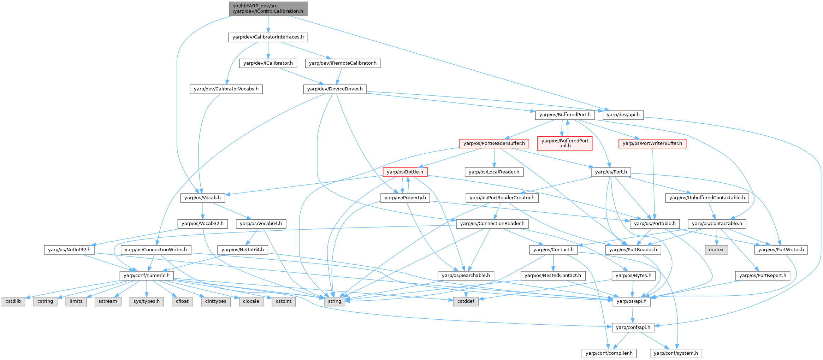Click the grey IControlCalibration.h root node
[268, 8]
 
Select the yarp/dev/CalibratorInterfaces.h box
[268, 37]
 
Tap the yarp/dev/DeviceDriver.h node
[335, 89]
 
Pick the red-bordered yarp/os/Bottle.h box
[405, 172]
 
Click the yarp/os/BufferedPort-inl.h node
[565, 143]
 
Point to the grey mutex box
[716, 249]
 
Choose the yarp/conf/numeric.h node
[147, 275]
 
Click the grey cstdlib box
[13, 301]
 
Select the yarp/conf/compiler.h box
[609, 353]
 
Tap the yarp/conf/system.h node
[676, 353]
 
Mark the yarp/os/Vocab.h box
[202, 198]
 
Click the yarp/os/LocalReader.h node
[494, 172]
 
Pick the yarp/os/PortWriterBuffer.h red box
[652, 143]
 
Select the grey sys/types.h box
[147, 301]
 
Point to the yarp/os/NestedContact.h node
[553, 275]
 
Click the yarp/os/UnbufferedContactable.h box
[707, 198]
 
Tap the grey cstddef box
[466, 301]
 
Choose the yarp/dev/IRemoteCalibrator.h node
[343, 63]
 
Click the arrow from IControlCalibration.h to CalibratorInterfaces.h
[268, 24]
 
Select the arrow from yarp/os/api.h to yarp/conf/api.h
[632, 314]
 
